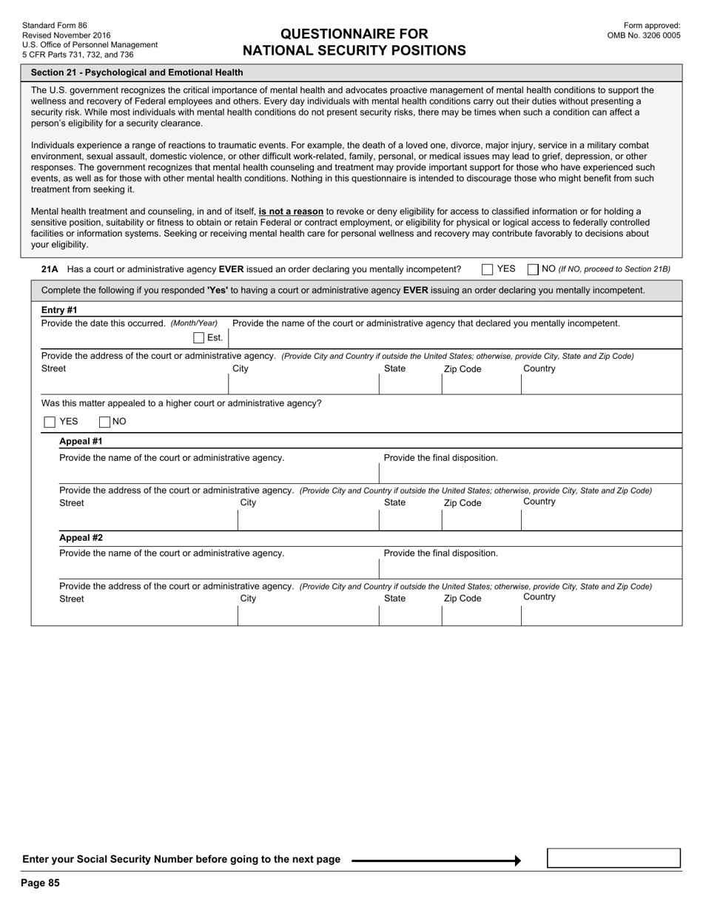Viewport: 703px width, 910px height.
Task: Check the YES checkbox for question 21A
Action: point(487,269)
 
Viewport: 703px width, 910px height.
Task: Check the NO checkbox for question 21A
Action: point(533,269)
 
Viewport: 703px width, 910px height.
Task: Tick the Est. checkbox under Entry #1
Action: point(198,338)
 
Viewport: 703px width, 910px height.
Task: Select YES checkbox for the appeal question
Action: point(50,422)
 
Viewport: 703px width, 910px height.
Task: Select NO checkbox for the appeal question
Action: point(104,422)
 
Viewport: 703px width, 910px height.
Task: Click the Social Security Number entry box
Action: point(613,858)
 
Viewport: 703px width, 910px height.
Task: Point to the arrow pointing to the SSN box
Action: point(437,860)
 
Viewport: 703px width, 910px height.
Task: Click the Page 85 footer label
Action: point(40,883)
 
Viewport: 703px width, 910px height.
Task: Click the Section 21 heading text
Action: point(137,73)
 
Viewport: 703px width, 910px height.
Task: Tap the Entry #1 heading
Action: point(59,310)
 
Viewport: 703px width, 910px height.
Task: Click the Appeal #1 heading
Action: point(81,442)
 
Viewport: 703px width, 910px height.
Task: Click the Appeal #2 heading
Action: point(81,538)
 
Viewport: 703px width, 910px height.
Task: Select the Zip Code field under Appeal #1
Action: point(481,520)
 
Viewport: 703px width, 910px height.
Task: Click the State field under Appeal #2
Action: point(410,616)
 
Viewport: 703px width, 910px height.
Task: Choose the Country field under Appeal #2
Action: point(601,616)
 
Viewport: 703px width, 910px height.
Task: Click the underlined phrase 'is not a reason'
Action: point(291,212)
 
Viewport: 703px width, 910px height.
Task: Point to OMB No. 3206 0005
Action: point(643,35)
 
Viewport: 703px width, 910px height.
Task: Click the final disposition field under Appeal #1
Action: point(530,473)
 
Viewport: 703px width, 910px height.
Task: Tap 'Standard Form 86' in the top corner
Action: point(54,25)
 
